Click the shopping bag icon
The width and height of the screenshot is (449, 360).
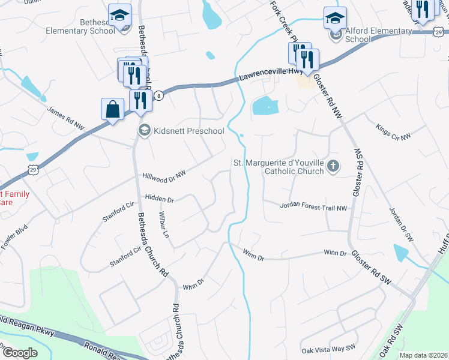112,110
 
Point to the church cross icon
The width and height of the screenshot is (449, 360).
334,166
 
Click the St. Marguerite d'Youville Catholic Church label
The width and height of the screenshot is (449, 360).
279,166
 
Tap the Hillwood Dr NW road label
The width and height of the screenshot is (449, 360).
164,175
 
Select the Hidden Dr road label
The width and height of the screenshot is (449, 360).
159,199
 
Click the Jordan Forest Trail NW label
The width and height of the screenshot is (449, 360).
313,207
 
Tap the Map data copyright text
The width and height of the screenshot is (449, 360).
424,355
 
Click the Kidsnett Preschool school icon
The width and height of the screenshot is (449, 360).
144,130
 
